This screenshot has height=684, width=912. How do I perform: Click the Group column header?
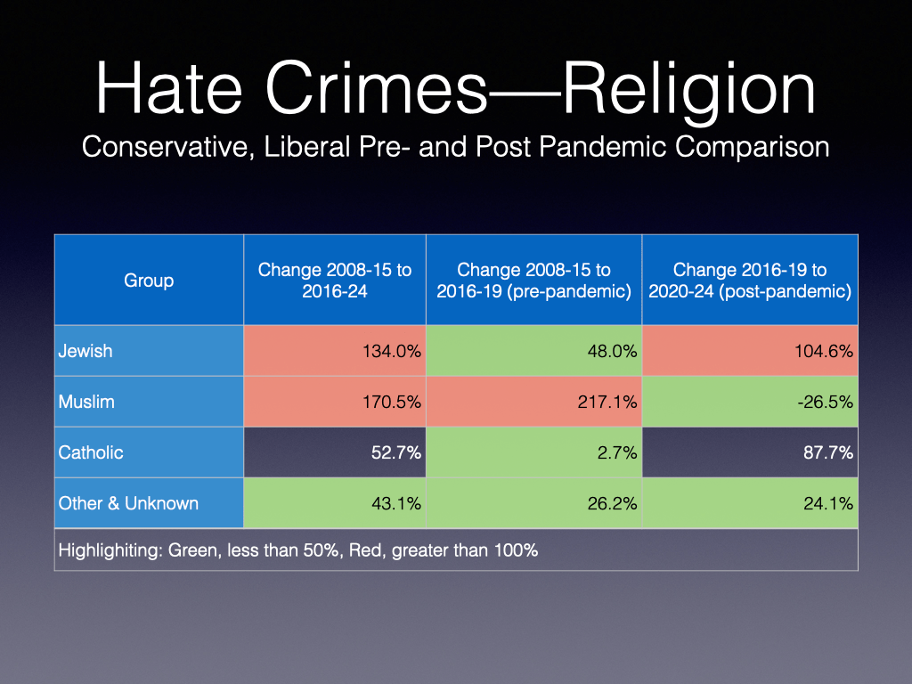(x=149, y=281)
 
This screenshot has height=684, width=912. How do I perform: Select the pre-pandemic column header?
(x=533, y=281)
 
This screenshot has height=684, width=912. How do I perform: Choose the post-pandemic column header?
(x=749, y=281)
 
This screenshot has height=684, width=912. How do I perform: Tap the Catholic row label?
(x=91, y=452)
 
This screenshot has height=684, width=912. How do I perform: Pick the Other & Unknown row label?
(x=128, y=503)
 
